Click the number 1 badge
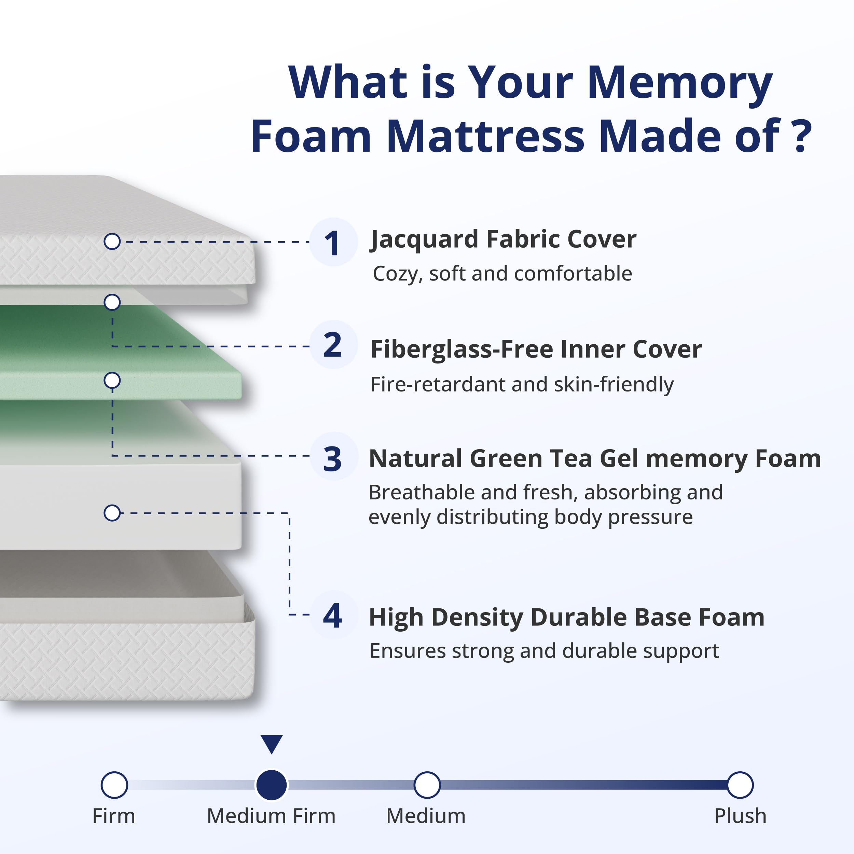point(332,242)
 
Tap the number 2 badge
point(332,344)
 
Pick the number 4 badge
point(332,615)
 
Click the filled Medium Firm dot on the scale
point(272,785)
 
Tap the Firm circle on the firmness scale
point(114,785)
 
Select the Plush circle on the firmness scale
point(740,785)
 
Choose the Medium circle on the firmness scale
point(427,785)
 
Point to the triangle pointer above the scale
point(272,744)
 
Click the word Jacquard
point(424,239)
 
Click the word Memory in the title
point(680,83)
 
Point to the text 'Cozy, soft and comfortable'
point(502,274)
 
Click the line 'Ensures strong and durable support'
point(544,651)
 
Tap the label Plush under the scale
point(740,816)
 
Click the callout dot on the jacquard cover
point(112,242)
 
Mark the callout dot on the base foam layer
point(112,513)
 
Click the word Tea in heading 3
point(574,458)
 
